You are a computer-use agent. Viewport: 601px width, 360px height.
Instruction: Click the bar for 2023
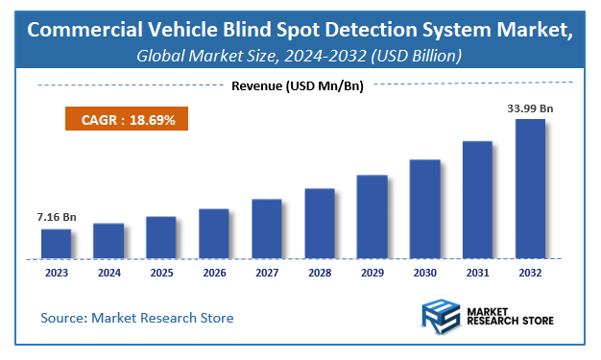[56, 244]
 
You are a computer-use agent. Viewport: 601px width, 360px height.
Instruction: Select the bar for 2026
[214, 233]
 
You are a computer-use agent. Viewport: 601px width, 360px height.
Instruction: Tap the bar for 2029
[372, 217]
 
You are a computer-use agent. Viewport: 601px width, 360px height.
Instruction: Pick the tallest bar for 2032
[530, 189]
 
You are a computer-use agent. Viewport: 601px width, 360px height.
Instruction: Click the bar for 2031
[477, 200]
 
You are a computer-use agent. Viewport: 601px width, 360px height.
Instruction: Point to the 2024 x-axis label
[108, 273]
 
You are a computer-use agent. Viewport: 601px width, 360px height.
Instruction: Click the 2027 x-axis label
[267, 273]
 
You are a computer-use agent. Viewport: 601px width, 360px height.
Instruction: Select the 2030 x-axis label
[424, 273]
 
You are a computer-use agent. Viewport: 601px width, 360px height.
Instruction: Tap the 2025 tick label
[161, 273]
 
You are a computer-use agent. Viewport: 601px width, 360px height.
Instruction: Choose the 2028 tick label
[320, 273]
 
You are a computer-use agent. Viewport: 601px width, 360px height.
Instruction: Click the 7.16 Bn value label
[56, 217]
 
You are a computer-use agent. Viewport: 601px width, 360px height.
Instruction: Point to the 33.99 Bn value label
[530, 108]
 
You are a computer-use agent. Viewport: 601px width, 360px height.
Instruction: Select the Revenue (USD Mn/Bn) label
[300, 86]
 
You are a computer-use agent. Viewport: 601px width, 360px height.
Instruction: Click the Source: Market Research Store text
[137, 317]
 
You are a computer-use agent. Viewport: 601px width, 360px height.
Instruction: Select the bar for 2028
[320, 224]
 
